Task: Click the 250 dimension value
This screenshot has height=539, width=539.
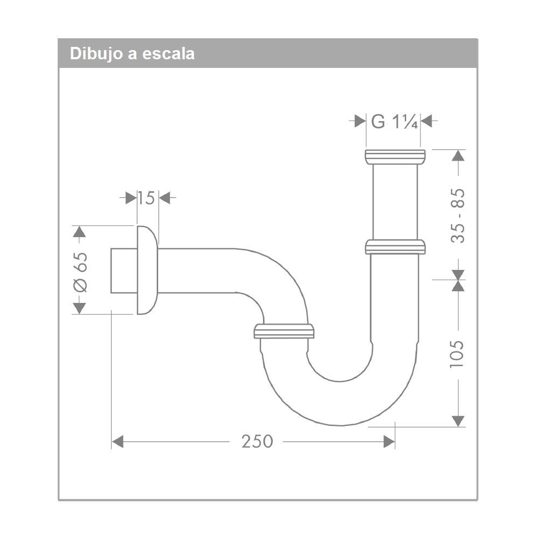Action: point(257,442)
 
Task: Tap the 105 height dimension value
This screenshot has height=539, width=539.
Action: point(458,354)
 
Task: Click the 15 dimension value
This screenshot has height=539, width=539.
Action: point(145,198)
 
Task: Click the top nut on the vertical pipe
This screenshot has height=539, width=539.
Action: point(395,157)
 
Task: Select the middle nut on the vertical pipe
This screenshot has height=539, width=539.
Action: point(395,247)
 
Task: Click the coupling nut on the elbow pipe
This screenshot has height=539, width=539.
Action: point(284,331)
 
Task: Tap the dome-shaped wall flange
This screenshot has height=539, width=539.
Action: point(147,270)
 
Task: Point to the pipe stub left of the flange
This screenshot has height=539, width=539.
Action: point(123,271)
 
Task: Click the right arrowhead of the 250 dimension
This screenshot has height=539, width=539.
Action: point(389,442)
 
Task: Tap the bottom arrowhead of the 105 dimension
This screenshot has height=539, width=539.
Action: point(458,420)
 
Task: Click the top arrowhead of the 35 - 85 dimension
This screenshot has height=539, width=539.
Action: point(458,155)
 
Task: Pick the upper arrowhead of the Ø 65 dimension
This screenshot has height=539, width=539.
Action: point(80,232)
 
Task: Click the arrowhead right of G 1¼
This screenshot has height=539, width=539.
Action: point(426,121)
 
